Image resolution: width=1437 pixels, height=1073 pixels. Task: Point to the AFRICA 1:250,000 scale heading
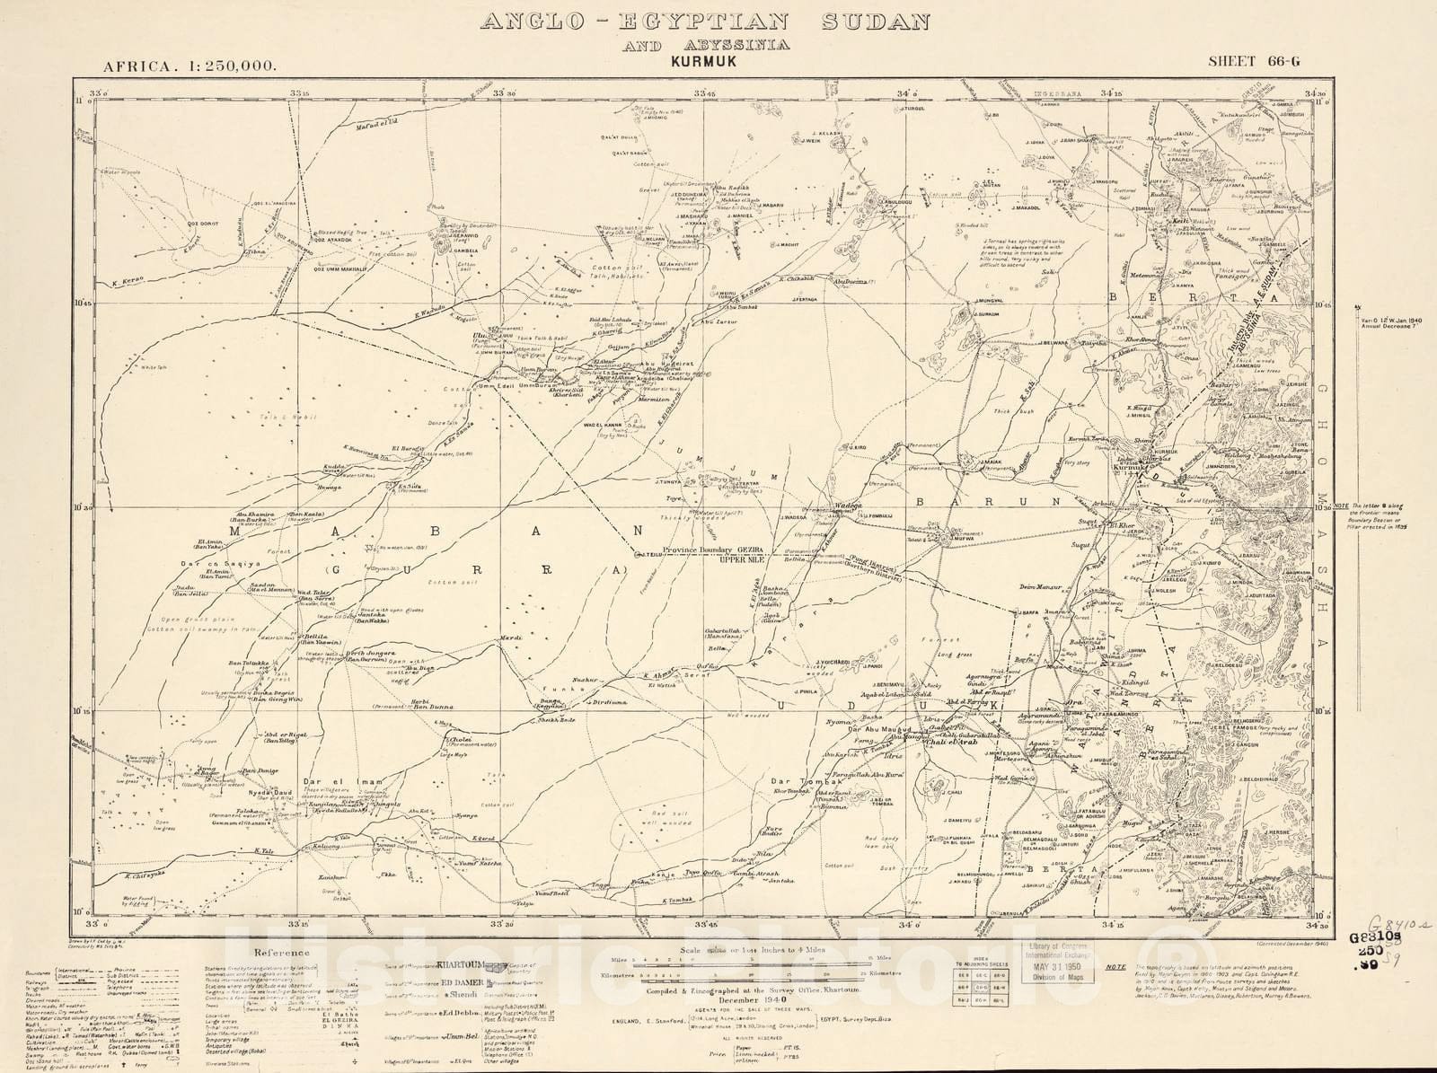190,65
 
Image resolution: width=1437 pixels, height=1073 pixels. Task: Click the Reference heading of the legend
283,953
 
